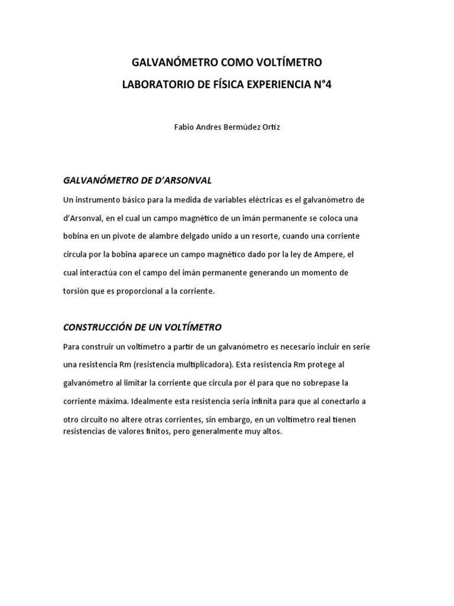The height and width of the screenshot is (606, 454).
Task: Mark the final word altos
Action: tap(271, 431)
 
